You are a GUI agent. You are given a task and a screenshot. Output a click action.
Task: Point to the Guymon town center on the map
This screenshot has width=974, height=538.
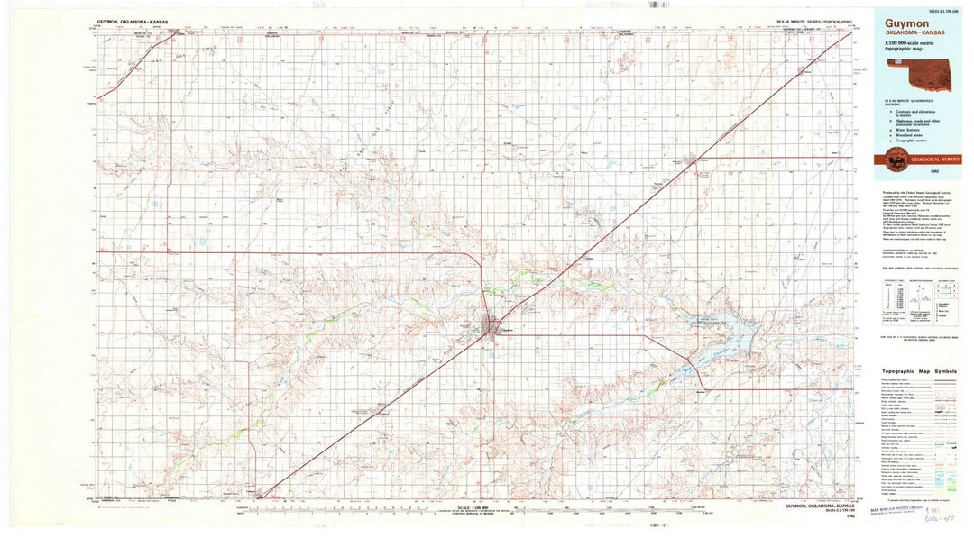[x=492, y=328]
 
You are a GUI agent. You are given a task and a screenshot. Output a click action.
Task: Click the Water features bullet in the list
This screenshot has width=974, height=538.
[x=910, y=129]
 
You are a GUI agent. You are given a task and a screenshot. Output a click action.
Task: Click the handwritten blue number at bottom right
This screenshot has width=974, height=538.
[x=947, y=522]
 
